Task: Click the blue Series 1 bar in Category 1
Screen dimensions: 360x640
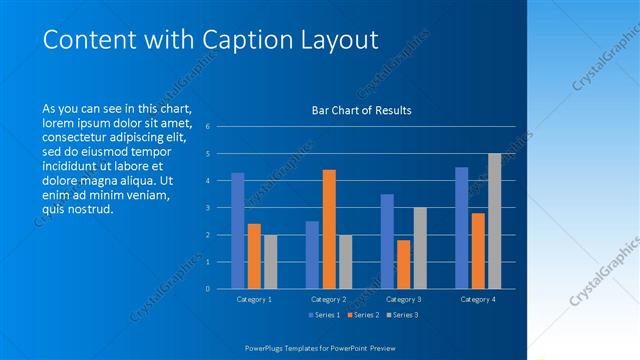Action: pos(238,231)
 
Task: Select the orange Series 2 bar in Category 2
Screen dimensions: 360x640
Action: pos(329,229)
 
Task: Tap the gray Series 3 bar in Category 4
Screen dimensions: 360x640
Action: pos(494,221)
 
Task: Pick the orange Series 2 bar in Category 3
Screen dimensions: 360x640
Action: pos(403,264)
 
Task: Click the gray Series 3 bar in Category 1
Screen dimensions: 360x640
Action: pos(270,262)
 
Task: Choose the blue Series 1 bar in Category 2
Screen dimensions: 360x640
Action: pos(312,255)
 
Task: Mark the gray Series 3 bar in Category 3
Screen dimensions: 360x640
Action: pos(420,248)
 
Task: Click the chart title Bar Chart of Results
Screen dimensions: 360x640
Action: pos(361,110)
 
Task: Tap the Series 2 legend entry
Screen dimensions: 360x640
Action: pos(362,315)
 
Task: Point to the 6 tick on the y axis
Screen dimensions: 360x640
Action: pos(207,126)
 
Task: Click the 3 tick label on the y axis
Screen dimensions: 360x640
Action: pos(207,208)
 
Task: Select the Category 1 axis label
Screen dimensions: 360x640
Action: pos(254,299)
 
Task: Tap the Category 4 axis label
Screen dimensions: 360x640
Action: pos(477,299)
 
